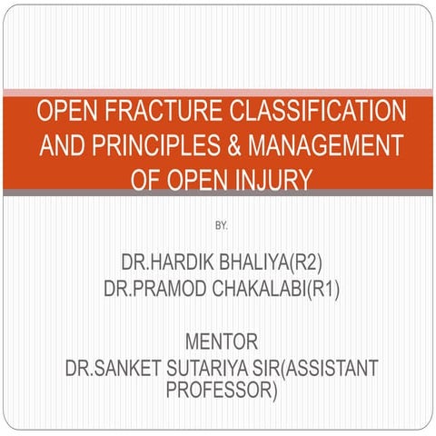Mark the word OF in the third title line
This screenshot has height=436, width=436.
tap(148, 179)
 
